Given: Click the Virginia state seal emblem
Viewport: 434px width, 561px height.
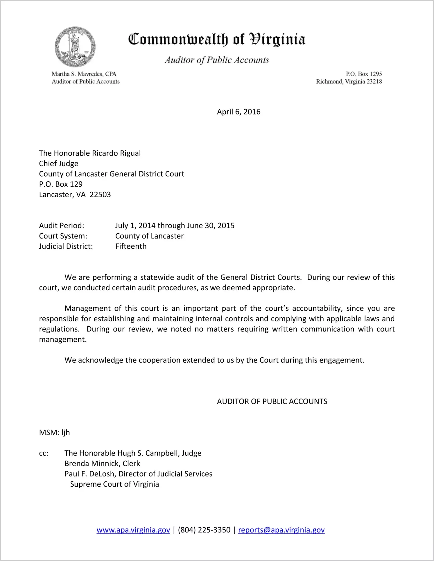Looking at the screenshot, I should pos(75,47).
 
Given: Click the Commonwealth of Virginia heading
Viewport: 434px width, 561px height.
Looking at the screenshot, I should pos(217,39).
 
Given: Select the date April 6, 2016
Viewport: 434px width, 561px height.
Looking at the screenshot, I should pos(238,112).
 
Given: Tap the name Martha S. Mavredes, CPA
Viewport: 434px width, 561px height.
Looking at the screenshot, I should pos(84,74).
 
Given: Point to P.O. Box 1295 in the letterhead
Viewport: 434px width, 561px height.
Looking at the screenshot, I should pos(364,74).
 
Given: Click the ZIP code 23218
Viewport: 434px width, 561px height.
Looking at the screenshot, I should pos(374,82).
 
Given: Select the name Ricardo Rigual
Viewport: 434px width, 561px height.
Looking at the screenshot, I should pos(116,153).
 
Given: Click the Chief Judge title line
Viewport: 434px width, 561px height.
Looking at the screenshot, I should pos(59,164).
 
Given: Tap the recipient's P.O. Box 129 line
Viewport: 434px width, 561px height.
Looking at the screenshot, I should pos(61,184).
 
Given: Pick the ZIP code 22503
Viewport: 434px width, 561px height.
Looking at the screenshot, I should pos(100,195).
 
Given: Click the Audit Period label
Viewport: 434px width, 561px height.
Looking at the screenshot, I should pos(62,226).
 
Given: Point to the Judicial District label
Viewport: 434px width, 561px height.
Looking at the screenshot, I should pos(66,246).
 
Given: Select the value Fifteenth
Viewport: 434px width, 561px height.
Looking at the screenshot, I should pos(131,246).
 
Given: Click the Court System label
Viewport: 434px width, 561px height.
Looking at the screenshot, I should pos(63,236).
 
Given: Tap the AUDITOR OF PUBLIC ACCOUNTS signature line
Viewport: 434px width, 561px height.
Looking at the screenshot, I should pos(272,402).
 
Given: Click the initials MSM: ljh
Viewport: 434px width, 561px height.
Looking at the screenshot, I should pos(54,433).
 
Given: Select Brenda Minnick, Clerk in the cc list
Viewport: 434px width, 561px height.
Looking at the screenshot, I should pos(102,463).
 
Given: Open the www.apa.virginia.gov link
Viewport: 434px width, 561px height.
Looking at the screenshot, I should pos(133,530).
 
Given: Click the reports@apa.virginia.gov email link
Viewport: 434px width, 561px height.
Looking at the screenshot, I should pos(281,530).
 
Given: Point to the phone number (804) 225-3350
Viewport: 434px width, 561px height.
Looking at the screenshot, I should pos(204,530).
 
